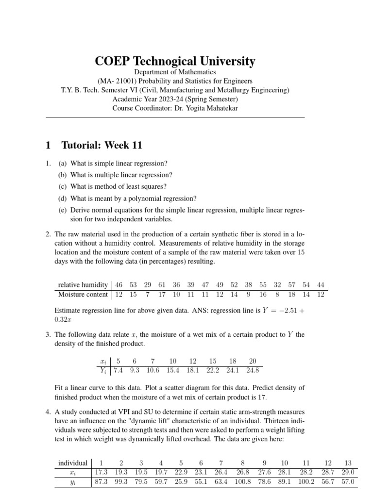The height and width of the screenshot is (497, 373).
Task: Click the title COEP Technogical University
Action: [175, 61]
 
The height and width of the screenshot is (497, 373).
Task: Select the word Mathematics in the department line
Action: [196, 72]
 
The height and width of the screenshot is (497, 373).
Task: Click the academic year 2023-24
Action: [160, 99]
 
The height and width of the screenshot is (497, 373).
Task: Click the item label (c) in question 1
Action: [63, 186]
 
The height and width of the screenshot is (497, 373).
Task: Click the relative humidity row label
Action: [83, 285]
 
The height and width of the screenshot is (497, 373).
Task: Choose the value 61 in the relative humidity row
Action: [162, 285]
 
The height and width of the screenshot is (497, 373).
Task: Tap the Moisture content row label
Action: [83, 294]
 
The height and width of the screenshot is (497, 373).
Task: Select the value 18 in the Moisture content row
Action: [292, 294]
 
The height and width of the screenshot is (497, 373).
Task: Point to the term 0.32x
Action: [61, 319]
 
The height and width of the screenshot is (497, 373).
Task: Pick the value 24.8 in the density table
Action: [253, 370]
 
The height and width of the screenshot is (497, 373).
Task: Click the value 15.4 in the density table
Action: [173, 370]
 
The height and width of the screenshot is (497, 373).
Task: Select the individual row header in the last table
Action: [73, 463]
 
